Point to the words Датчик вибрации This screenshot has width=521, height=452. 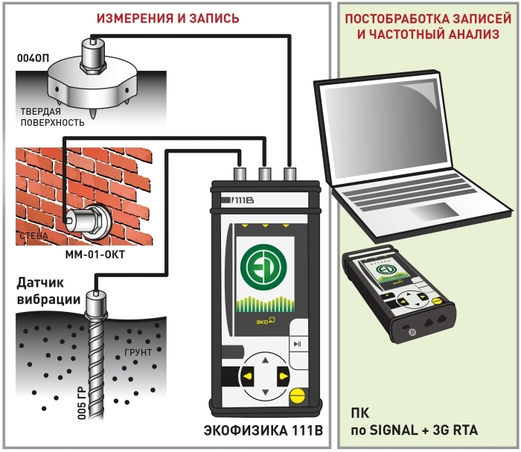click(x=44, y=293)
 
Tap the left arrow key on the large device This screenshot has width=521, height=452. click(x=246, y=378)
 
